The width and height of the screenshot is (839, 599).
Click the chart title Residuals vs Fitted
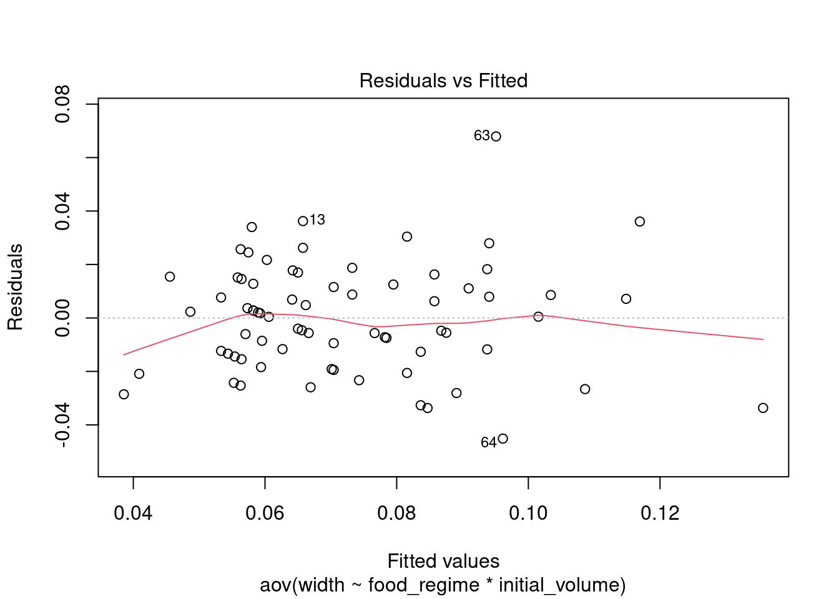[443, 81]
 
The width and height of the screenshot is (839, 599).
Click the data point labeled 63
[496, 137]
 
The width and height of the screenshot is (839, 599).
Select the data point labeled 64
[503, 439]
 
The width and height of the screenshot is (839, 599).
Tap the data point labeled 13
[303, 221]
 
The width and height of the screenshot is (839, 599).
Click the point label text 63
[481, 136]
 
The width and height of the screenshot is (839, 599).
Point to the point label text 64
[488, 443]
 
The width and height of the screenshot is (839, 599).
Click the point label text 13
[317, 220]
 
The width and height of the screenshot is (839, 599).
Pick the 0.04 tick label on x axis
[133, 514]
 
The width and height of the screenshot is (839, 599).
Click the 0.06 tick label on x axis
[265, 514]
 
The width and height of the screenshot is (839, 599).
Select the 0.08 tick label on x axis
[396, 514]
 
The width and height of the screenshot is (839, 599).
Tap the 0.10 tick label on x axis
[528, 514]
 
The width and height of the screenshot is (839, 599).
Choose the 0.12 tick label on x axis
[660, 514]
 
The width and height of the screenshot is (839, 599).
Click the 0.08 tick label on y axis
[63, 104]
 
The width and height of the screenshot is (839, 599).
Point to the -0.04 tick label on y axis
[63, 425]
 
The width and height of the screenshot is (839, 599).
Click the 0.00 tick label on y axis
[63, 318]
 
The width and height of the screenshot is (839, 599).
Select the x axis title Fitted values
[443, 561]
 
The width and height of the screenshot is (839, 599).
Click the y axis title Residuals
[16, 287]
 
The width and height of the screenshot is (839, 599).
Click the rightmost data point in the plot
[763, 408]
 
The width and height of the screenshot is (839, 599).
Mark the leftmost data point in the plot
[124, 394]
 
